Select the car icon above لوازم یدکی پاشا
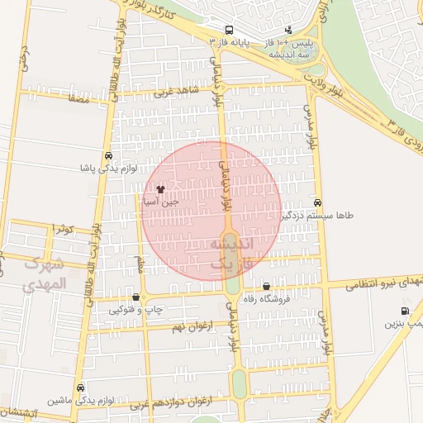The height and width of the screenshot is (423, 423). (108, 155)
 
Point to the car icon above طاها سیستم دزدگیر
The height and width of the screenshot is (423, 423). (318, 202)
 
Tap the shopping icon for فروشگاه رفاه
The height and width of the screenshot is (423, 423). (266, 286)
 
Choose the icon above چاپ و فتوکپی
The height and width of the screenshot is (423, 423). (135, 297)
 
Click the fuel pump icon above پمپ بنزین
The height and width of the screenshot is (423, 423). (404, 311)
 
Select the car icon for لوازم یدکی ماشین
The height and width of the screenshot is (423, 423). (80, 387)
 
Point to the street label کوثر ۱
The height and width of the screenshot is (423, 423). (63, 227)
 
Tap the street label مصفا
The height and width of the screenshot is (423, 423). (79, 98)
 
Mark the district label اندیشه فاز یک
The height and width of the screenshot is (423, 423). (232, 254)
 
